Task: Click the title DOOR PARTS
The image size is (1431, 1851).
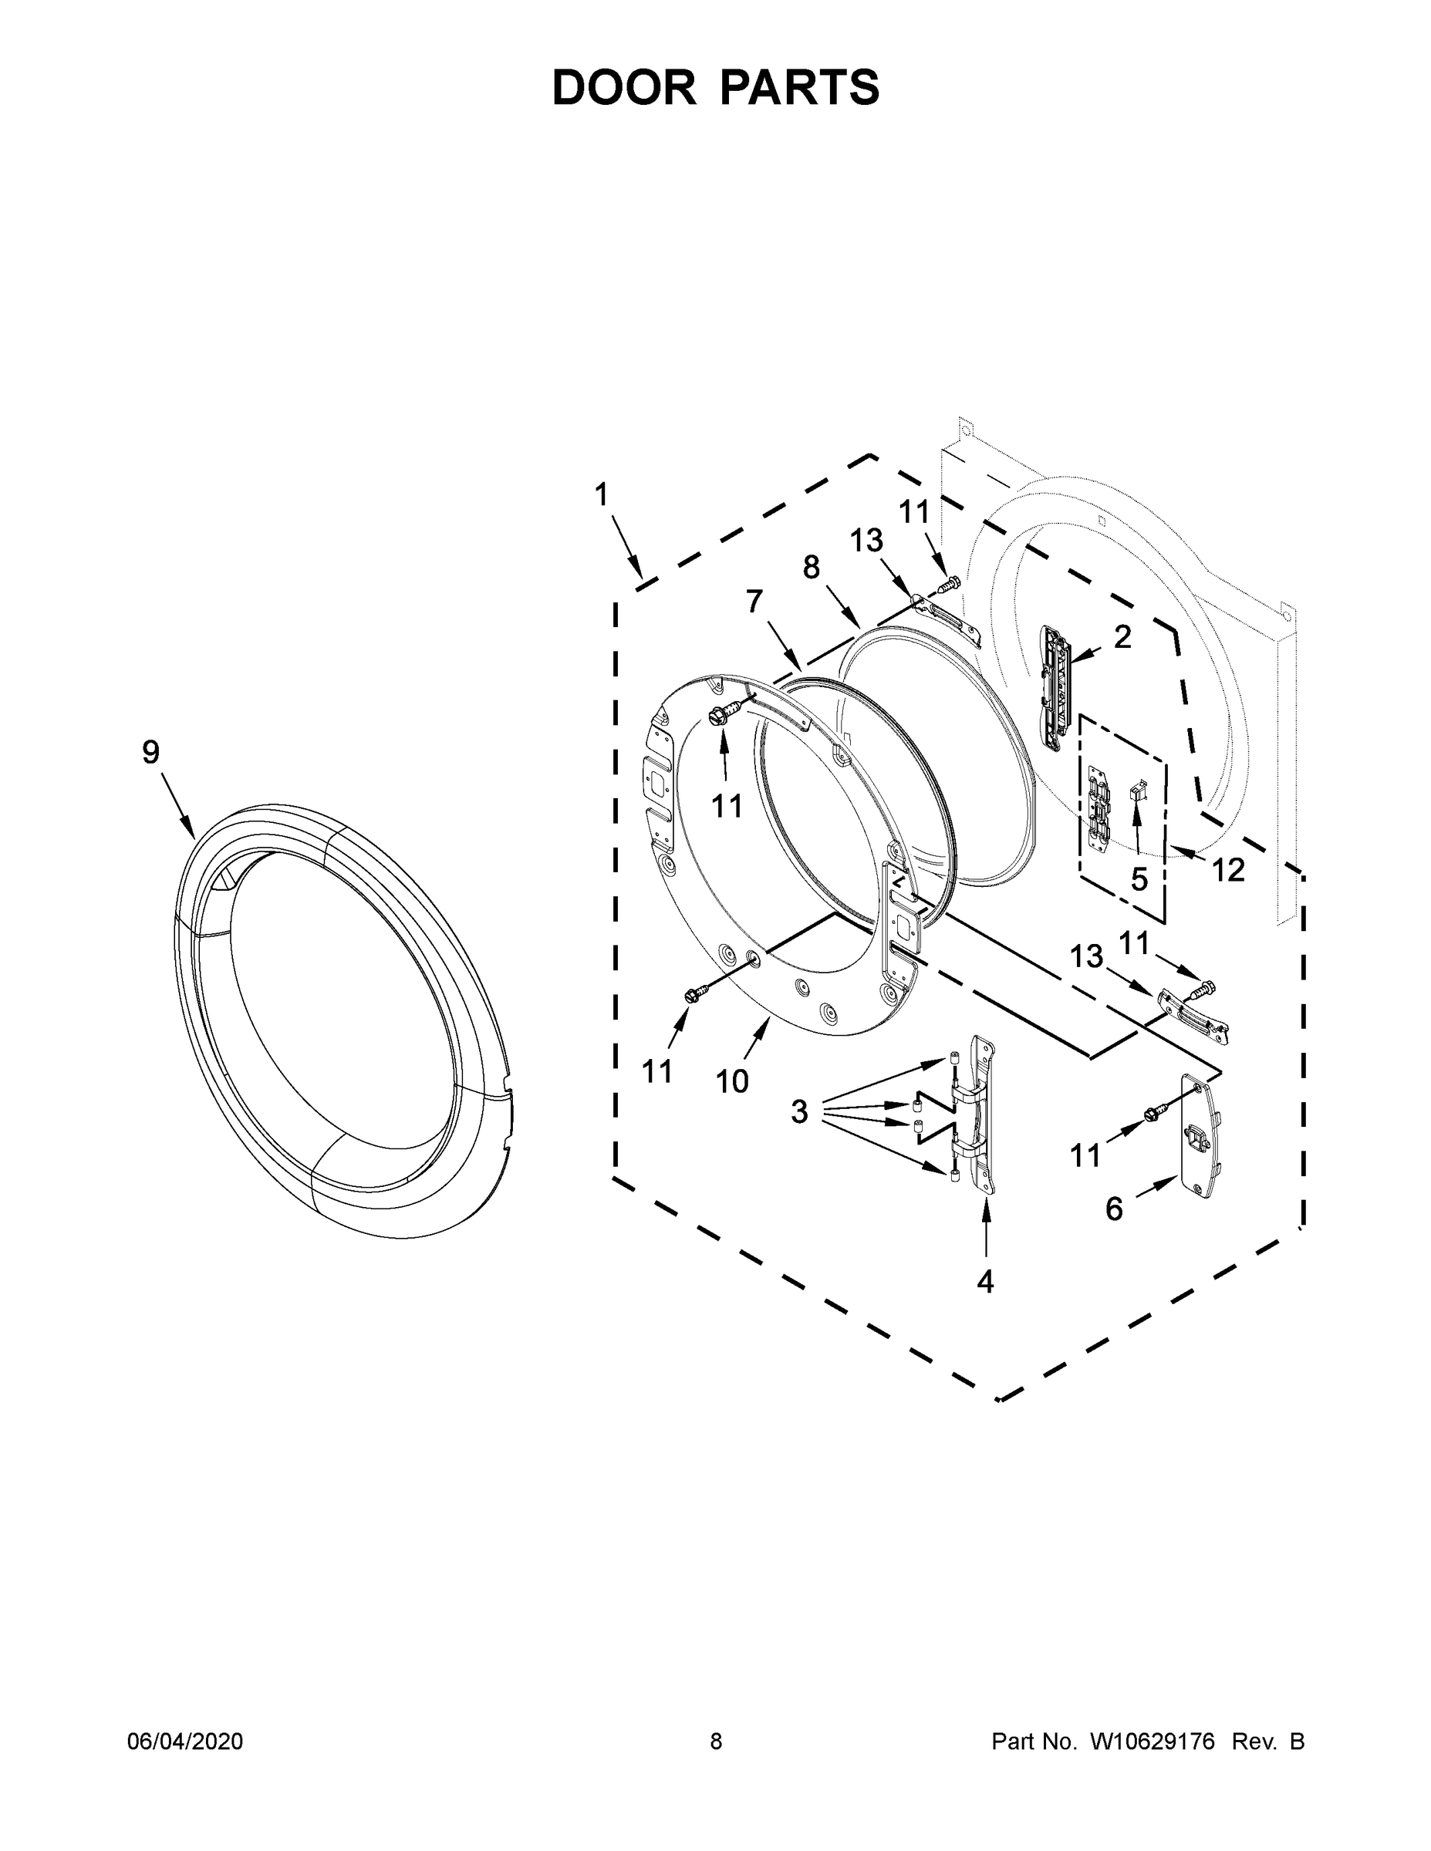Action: pos(716,88)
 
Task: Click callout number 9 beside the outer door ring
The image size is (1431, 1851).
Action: pos(151,752)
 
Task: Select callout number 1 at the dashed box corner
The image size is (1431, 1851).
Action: pos(601,494)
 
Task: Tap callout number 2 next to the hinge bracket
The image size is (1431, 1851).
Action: pos(1122,637)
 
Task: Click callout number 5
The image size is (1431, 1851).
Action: pos(1139,880)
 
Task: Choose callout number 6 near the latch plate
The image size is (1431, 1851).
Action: pos(1114,1209)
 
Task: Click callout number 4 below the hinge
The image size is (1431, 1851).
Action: pos(985,1282)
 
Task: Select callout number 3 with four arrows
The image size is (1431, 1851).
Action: pos(799,1111)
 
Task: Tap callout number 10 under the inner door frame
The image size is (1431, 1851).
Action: pos(732,1081)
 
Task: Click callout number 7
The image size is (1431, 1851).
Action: pos(754,601)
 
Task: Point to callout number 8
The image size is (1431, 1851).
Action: pos(812,567)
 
